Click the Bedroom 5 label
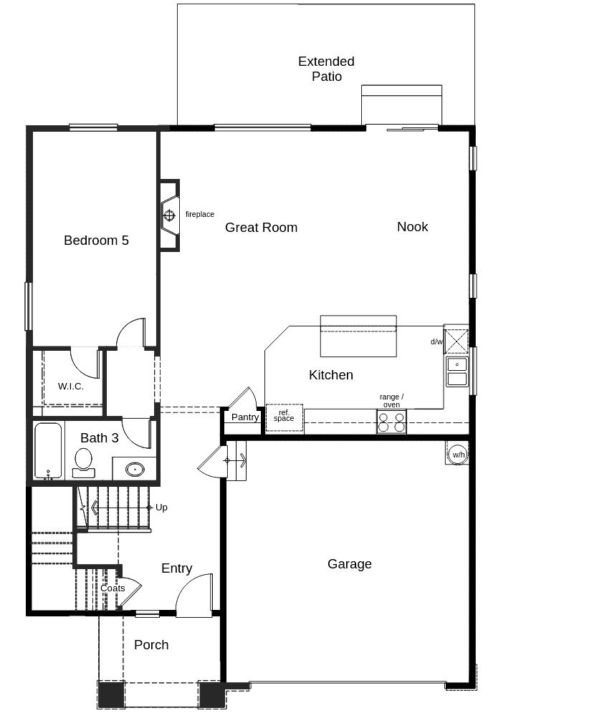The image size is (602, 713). [96, 240]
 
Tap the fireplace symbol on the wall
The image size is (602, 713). [169, 215]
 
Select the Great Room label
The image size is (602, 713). [261, 228]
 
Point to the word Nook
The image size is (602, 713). [413, 227]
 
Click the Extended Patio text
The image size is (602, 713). [327, 69]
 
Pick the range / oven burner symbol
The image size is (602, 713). [391, 422]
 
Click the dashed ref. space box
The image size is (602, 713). [285, 418]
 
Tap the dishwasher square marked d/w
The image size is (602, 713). [457, 341]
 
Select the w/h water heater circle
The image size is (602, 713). [458, 455]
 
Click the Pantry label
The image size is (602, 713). [245, 417]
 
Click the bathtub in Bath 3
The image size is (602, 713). [48, 451]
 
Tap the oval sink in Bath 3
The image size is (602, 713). [135, 469]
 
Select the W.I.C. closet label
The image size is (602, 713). [70, 387]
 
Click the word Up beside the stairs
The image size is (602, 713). [161, 508]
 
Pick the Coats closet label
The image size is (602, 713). [113, 588]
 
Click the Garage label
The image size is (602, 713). [349, 564]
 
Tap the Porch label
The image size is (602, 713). [151, 645]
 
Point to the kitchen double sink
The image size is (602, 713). [457, 372]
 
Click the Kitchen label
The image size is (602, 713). [331, 375]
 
